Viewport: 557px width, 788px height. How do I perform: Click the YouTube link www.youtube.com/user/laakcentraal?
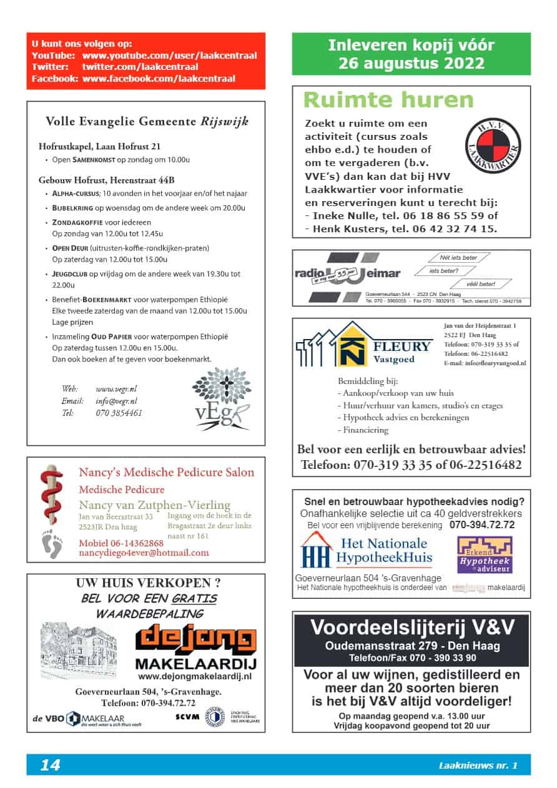(x=169, y=55)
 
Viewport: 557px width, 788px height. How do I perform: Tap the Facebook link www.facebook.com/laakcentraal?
(x=159, y=79)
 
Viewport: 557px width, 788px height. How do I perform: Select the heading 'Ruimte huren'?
(x=388, y=100)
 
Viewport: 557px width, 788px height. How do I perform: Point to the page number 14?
(x=50, y=765)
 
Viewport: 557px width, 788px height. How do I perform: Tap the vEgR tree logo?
(x=221, y=399)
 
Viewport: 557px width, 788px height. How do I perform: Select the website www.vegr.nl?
(x=116, y=388)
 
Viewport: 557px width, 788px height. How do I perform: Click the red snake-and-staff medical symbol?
(x=52, y=496)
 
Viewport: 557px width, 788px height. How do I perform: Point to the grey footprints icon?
(x=52, y=543)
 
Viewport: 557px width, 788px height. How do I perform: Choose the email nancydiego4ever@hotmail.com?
(x=144, y=553)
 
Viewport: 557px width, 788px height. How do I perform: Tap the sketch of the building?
(x=79, y=650)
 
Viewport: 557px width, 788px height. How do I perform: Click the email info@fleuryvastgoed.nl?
(x=485, y=363)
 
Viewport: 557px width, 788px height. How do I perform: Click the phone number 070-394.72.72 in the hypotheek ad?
(x=482, y=525)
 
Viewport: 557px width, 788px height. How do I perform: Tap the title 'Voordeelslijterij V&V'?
(x=412, y=626)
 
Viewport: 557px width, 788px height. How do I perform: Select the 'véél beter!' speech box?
(x=480, y=284)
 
